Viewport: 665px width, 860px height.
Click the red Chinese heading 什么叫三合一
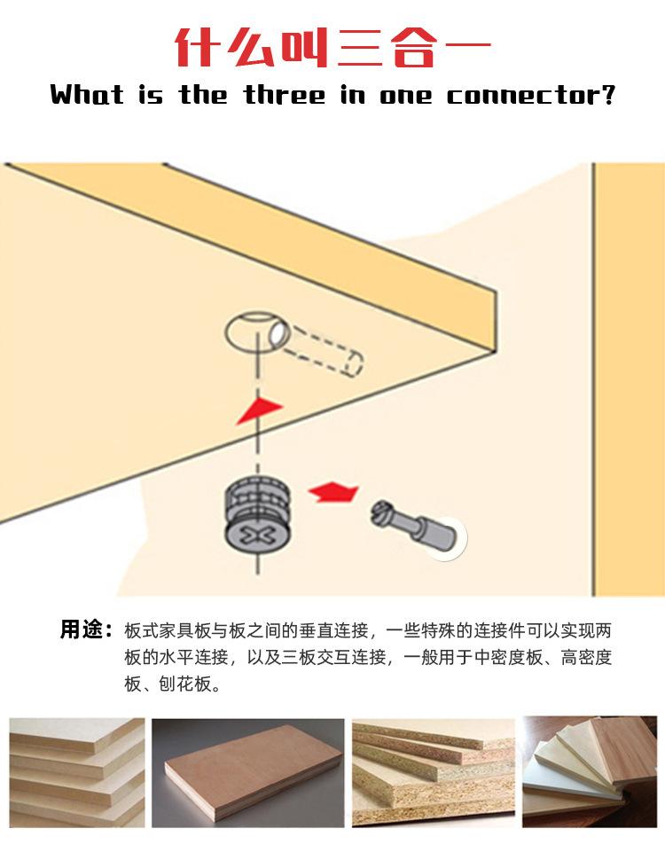(332, 46)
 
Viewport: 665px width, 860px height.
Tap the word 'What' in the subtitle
(87, 95)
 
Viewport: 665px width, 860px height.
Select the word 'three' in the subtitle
(285, 95)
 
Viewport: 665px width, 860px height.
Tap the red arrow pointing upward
(258, 409)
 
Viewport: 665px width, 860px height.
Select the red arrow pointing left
(332, 491)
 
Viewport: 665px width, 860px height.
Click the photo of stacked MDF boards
(76, 770)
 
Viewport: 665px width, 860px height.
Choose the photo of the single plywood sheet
(247, 770)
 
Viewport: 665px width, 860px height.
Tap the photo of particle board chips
(433, 770)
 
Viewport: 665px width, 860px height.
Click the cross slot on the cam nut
(255, 535)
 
